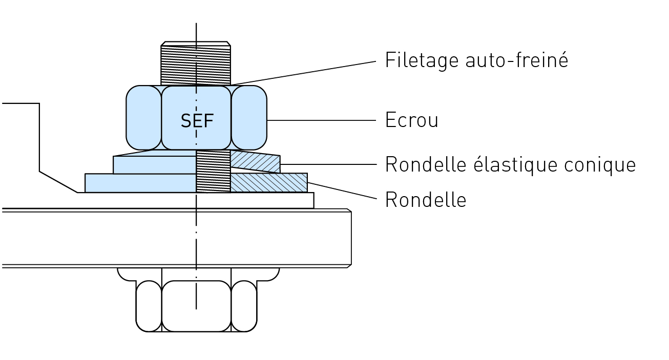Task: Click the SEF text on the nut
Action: [197, 121]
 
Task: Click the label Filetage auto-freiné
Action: [476, 60]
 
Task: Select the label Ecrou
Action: [411, 120]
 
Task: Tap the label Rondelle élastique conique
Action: [510, 165]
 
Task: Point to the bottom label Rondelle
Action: [425, 200]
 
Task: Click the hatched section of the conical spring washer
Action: [255, 162]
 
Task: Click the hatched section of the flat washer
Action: [268, 183]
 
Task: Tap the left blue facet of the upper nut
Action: [143, 118]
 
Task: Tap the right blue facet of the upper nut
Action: [249, 118]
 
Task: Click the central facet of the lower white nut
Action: [196, 306]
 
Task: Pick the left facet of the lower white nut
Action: [149, 306]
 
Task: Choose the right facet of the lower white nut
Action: [244, 306]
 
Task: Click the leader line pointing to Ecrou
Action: [322, 120]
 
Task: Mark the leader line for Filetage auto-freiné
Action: [307, 72]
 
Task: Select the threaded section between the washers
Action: [213, 172]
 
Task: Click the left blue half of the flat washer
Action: [140, 183]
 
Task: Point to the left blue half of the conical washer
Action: [154, 164]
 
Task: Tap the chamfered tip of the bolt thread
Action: [196, 44]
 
